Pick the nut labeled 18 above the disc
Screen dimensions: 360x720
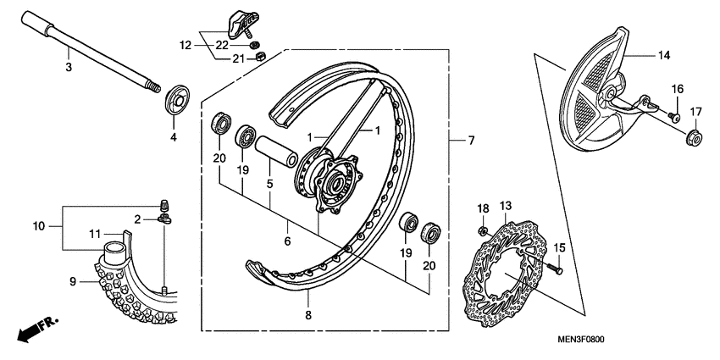click(481, 230)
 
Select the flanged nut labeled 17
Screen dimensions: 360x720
click(692, 136)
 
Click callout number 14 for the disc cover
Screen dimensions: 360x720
click(664, 56)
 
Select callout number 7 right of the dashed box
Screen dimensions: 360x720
click(471, 139)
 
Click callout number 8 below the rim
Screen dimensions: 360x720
click(308, 315)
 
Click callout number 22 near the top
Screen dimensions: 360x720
click(221, 44)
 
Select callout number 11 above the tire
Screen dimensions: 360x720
click(96, 233)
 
